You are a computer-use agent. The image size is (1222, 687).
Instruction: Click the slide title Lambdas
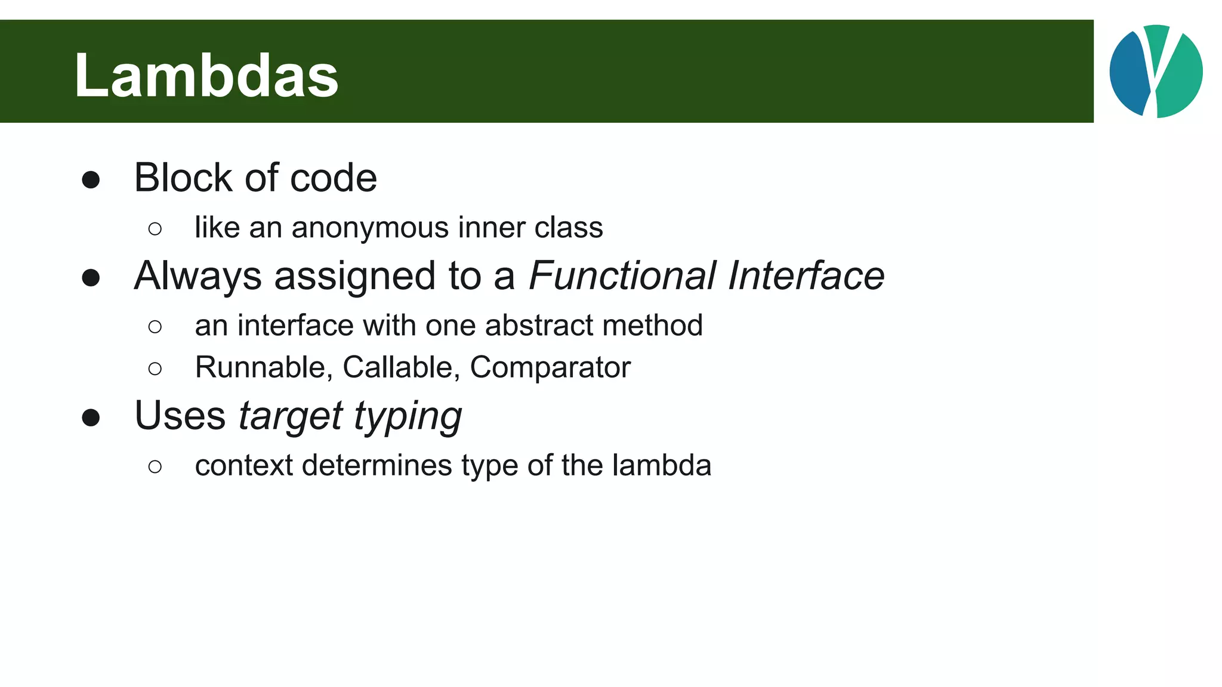point(206,76)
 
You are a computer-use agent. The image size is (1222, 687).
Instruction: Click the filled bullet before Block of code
point(91,180)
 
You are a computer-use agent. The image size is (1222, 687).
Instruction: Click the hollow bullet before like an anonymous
point(155,229)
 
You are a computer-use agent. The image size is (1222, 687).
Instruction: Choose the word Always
point(198,276)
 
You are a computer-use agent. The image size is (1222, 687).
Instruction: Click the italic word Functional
point(622,276)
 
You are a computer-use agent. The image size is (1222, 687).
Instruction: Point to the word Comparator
point(550,367)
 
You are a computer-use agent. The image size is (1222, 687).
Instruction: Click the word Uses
point(180,416)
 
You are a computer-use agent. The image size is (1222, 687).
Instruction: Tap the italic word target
point(290,416)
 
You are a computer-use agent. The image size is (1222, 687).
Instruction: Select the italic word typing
point(408,416)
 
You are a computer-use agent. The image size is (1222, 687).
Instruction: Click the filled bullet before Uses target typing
point(91,417)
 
